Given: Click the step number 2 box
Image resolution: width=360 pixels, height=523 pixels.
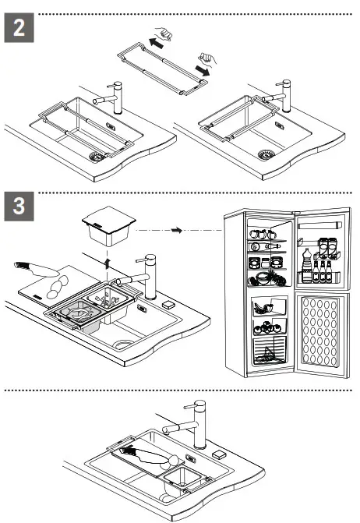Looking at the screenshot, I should (x=19, y=31).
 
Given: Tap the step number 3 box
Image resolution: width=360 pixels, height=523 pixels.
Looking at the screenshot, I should (x=19, y=207).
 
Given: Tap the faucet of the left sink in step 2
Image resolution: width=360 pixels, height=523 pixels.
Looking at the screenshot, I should (x=117, y=93).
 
